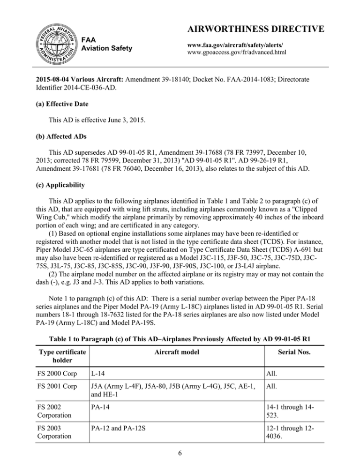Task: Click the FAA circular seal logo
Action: pyautogui.click(x=52, y=42)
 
